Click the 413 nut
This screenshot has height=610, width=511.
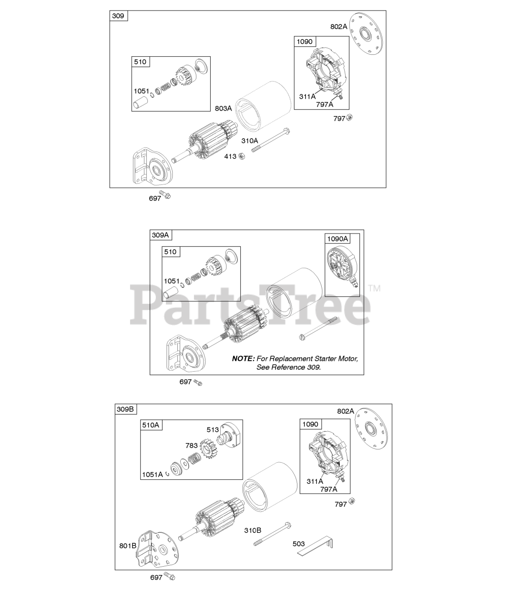click(x=242, y=156)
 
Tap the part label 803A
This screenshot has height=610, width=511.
click(x=223, y=109)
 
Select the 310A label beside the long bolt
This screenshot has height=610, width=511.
click(x=249, y=141)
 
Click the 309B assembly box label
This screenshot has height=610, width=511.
click(x=125, y=409)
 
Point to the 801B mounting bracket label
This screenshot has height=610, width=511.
click(x=128, y=546)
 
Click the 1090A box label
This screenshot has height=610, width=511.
click(x=337, y=239)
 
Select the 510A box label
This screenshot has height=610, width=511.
click(x=151, y=425)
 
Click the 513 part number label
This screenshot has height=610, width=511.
click(x=213, y=430)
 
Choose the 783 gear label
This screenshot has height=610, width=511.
click(x=191, y=446)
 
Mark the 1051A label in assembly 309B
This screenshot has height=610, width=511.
click(x=152, y=475)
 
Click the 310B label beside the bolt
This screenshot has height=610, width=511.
click(x=253, y=530)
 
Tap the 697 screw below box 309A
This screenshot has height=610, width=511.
click(x=198, y=382)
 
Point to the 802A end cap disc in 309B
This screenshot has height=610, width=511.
click(x=371, y=429)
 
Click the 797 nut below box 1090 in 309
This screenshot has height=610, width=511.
click(x=349, y=117)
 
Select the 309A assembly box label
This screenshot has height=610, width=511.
click(x=160, y=235)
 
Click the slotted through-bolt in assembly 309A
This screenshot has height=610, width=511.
click(x=318, y=328)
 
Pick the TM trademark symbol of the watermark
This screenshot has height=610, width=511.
click(x=375, y=288)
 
